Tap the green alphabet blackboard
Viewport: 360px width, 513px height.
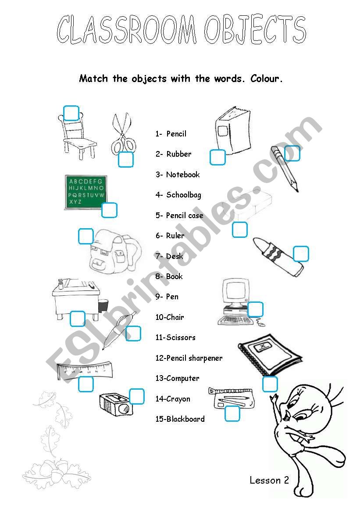[86, 192]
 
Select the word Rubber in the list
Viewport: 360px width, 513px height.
[179, 154]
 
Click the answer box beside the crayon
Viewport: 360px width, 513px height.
[301, 254]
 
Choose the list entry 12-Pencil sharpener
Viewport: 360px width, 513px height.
[189, 358]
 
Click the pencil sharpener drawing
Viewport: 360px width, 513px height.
[116, 404]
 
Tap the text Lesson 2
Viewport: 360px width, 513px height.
[269, 480]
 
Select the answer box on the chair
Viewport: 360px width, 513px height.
[71, 113]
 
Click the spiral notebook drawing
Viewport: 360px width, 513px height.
[270, 355]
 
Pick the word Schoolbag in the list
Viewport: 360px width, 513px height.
[184, 195]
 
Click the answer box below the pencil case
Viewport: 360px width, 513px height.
[232, 413]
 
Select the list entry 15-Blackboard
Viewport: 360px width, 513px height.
[180, 419]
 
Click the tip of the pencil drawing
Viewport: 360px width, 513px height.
[297, 191]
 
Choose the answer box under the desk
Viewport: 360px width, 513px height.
[78, 319]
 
